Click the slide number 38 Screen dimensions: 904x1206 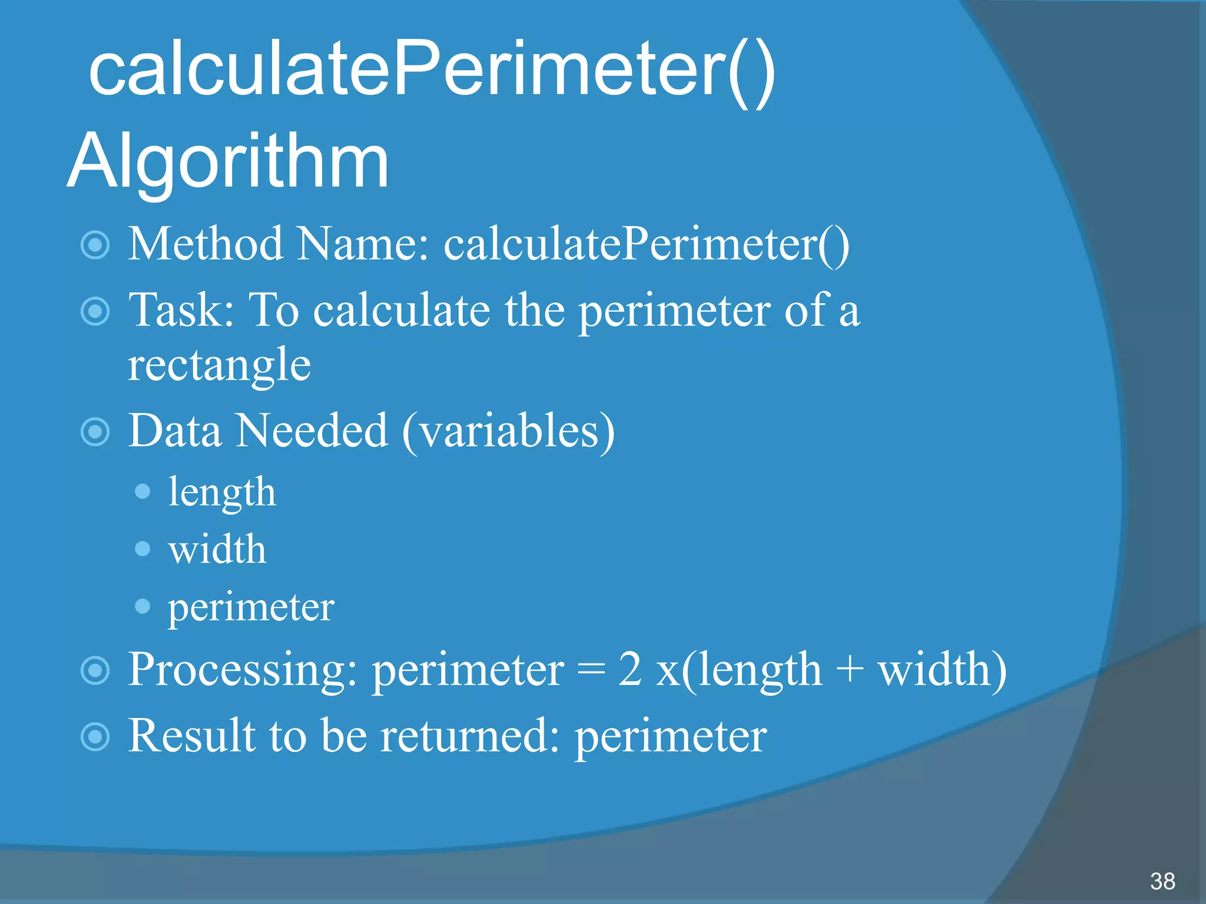(1162, 881)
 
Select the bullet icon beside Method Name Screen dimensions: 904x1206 (95, 245)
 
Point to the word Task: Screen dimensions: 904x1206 (181, 310)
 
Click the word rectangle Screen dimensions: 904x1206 (219, 365)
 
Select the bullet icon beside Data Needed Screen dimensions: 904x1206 (95, 432)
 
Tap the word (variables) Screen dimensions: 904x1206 (508, 431)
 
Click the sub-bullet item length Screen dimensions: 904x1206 (222, 492)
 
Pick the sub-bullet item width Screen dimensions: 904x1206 (217, 549)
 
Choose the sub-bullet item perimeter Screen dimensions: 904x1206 (251, 607)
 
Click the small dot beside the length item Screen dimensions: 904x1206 (143, 491)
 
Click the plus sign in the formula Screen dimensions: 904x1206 (849, 671)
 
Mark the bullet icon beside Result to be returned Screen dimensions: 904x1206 (95, 737)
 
